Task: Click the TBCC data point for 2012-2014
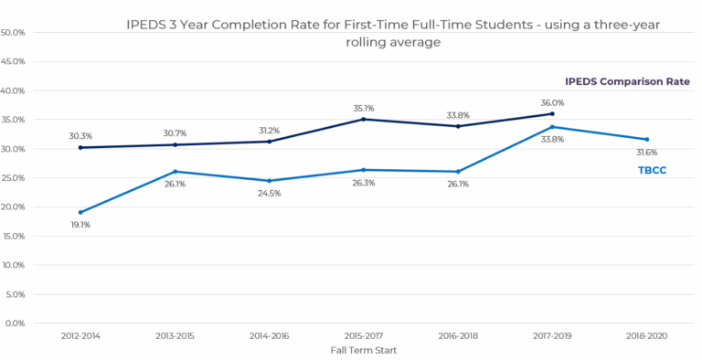[80, 212]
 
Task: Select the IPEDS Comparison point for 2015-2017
[364, 119]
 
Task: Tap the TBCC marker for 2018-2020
[646, 139]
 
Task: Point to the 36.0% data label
[552, 103]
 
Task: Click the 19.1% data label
[80, 225]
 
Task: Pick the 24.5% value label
[269, 194]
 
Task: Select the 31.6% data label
[647, 153]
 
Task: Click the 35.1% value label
[364, 109]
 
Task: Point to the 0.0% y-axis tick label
[15, 323]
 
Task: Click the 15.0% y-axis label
[14, 236]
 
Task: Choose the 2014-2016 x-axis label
[269, 336]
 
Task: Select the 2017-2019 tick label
[552, 336]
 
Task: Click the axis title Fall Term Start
[364, 350]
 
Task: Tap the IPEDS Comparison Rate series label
[627, 81]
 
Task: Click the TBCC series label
[653, 170]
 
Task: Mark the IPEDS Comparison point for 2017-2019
[552, 113]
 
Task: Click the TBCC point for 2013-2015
[175, 172]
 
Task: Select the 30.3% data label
[80, 136]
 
